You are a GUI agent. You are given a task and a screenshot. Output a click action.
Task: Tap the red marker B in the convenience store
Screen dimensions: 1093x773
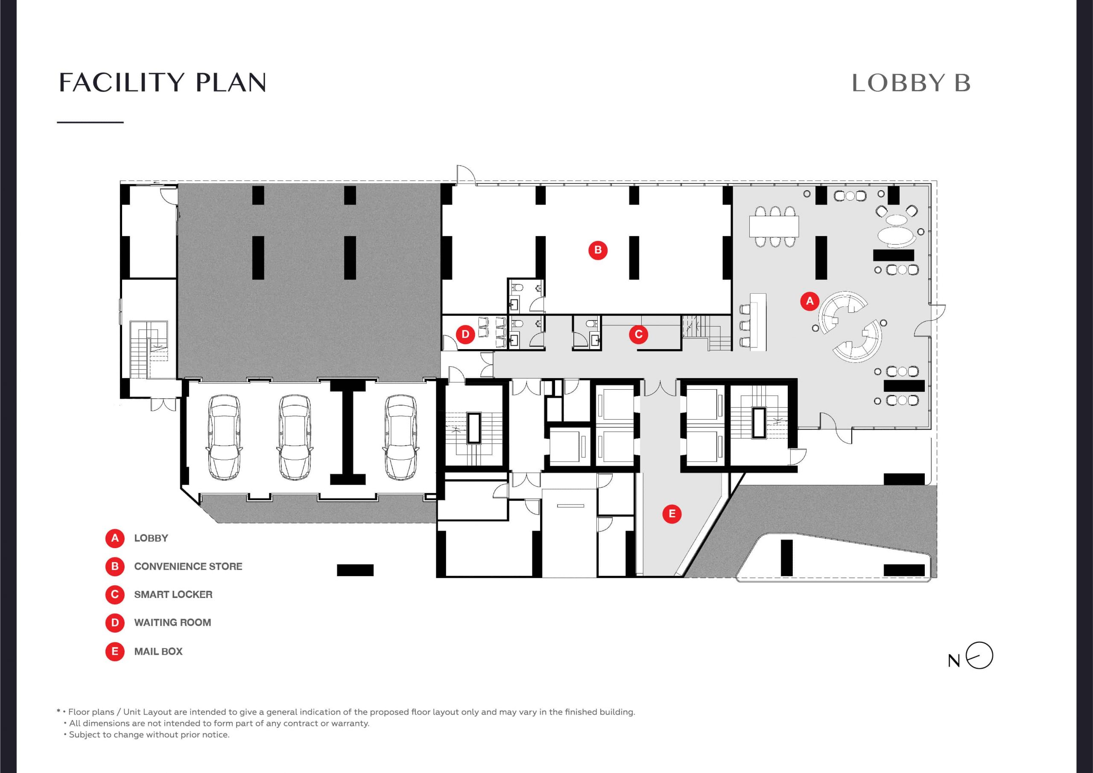(598, 250)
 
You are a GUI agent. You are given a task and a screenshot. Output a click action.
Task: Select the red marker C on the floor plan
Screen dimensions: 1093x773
(638, 334)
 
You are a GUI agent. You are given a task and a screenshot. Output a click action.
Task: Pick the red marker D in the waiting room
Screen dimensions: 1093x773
(465, 334)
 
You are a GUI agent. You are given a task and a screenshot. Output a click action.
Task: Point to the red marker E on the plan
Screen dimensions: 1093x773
(672, 513)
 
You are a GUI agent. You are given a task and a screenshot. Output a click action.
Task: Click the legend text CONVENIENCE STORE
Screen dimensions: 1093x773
(188, 566)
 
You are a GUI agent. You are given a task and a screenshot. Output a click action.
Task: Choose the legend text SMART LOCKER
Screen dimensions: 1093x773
(173, 595)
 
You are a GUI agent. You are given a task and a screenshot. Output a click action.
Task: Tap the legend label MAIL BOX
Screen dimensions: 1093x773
(158, 651)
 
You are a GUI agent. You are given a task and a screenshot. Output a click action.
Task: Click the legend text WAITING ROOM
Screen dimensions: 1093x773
(172, 623)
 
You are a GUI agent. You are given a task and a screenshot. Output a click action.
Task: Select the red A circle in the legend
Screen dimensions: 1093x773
(115, 538)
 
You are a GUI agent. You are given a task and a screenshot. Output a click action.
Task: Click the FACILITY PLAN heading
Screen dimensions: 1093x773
(162, 82)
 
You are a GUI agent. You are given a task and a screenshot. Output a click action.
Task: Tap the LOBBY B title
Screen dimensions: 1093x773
(911, 83)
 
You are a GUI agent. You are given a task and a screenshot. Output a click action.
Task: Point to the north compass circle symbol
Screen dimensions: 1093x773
(979, 656)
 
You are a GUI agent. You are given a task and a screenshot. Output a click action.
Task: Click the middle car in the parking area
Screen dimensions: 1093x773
(295, 437)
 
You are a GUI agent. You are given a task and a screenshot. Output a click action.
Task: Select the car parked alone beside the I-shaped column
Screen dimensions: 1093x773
(401, 437)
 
